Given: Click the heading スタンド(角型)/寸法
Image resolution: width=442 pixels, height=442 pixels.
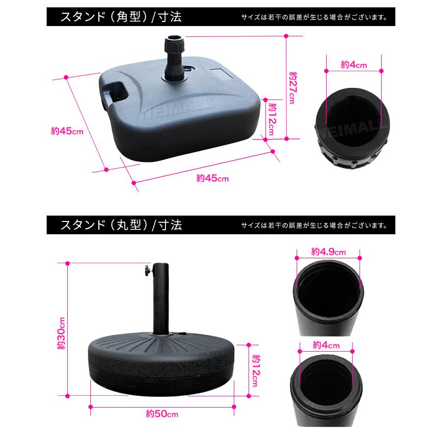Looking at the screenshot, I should tap(121, 17).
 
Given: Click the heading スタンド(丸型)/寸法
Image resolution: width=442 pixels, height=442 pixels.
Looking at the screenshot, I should tap(121, 225).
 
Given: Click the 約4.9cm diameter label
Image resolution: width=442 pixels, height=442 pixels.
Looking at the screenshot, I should tap(328, 252).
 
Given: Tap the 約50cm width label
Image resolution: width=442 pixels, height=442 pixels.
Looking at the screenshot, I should tap(162, 414).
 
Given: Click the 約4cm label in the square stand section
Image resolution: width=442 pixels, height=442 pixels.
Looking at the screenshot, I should tap(354, 65).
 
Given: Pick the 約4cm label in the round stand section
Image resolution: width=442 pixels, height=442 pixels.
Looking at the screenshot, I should tap(326, 345).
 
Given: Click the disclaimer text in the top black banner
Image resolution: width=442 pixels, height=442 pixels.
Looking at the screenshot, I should tap(314, 18).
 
